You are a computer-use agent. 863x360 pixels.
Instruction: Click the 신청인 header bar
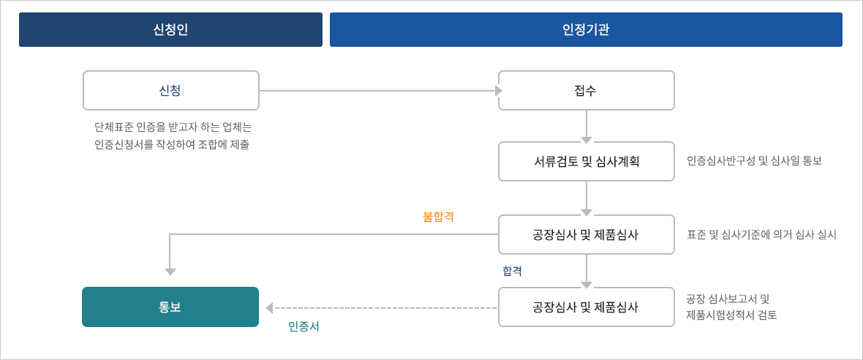click(170, 30)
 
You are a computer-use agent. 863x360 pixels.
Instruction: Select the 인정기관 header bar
click(586, 30)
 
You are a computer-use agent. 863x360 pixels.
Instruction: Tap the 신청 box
click(170, 90)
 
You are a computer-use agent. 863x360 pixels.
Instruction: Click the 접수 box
click(586, 90)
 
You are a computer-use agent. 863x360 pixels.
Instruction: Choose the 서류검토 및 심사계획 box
click(586, 161)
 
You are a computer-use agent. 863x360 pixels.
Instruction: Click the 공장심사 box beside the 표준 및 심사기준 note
click(586, 234)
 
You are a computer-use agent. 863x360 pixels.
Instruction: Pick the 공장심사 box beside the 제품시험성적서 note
click(586, 307)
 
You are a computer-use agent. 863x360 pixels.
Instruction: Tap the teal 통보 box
click(170, 307)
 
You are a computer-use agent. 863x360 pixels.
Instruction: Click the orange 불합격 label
click(438, 217)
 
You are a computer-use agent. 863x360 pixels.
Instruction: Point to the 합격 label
click(512, 271)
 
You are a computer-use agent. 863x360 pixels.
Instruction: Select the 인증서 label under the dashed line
click(304, 326)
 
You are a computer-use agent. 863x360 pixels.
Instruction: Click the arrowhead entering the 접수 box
click(499, 91)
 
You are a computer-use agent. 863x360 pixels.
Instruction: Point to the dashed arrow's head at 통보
click(269, 308)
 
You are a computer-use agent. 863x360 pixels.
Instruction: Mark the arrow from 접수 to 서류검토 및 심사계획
click(587, 126)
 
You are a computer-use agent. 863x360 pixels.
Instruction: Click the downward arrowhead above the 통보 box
click(170, 272)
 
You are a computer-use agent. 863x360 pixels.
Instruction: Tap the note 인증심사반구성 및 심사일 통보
click(754, 161)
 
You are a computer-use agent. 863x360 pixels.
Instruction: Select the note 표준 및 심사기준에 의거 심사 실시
click(762, 234)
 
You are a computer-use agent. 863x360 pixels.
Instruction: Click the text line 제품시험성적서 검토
click(731, 315)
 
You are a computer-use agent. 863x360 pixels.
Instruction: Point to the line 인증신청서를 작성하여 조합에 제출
click(171, 146)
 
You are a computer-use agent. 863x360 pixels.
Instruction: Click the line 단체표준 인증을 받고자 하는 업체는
click(173, 128)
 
